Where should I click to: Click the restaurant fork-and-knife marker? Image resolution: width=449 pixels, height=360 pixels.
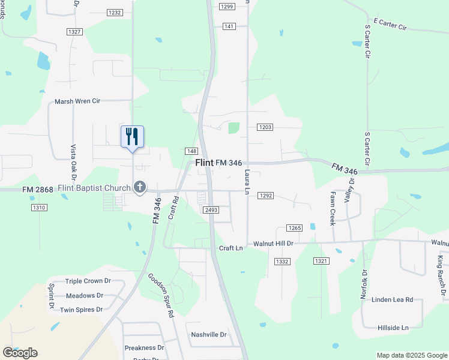132,137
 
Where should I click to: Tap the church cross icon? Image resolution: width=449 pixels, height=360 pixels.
140,187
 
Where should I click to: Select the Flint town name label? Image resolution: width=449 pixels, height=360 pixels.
204,163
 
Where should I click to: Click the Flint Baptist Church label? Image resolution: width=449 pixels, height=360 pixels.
94,188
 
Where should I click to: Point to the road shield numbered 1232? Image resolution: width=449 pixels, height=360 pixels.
115,13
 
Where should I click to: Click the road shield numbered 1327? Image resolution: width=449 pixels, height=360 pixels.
74,31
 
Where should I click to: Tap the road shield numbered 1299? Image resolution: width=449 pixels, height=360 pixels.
226,6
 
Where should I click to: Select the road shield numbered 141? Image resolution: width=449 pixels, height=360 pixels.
229,26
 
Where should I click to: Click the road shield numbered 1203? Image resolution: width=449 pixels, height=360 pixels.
265,127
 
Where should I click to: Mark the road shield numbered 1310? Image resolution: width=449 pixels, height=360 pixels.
39,208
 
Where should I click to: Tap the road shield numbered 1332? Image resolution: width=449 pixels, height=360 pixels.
283,262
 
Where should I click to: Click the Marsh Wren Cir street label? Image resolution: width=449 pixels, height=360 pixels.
77,101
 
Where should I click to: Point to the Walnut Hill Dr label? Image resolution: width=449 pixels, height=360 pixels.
273,244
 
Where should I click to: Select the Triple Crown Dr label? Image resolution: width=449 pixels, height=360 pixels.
88,281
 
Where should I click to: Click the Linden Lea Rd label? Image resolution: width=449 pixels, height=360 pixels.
393,299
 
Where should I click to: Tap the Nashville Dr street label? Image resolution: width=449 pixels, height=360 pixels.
209,335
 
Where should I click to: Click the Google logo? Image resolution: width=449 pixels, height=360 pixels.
20,353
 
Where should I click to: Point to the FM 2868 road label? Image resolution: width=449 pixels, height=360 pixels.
37,190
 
